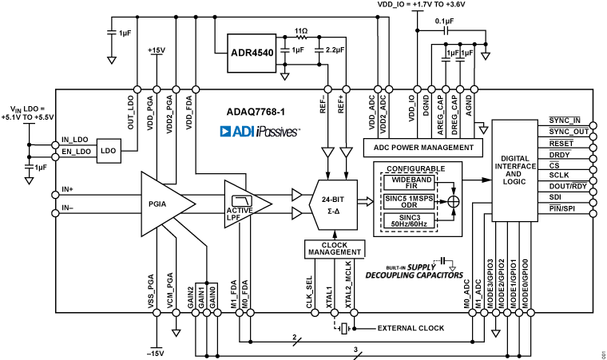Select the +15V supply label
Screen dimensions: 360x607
(x=156, y=50)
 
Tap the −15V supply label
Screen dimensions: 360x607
(x=156, y=353)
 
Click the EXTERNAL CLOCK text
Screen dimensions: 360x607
(x=409, y=328)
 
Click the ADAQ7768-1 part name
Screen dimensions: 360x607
(x=256, y=113)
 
